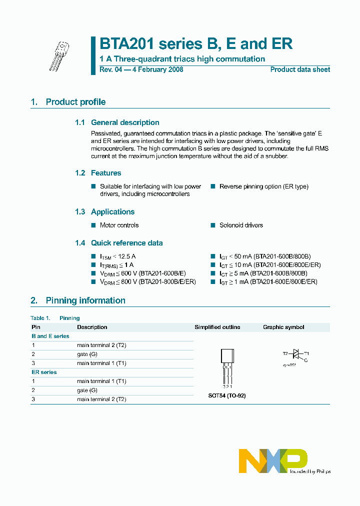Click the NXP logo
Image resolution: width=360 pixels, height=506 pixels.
[x=273, y=460]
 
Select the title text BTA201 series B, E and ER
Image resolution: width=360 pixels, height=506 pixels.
[x=195, y=44]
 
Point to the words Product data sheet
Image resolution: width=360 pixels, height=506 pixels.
[x=300, y=69]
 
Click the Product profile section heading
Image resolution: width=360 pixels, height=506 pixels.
[x=75, y=102]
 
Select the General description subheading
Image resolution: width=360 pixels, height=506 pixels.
[x=125, y=122]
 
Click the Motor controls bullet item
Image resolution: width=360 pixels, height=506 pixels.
[x=119, y=225]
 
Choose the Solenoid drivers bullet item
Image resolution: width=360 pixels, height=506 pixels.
[x=241, y=225]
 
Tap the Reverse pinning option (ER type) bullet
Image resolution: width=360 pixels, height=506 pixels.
[x=263, y=186]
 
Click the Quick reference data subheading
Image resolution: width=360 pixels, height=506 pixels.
[x=126, y=243]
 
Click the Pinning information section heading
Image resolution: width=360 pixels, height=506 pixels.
[x=85, y=300]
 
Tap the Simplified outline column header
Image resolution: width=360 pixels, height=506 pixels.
[x=217, y=327]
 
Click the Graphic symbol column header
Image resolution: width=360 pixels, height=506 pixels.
[x=283, y=327]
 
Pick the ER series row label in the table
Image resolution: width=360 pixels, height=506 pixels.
[x=44, y=372]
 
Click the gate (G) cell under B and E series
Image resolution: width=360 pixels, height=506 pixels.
[x=87, y=354]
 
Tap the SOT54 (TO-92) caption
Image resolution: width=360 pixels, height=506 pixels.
[x=227, y=395]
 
